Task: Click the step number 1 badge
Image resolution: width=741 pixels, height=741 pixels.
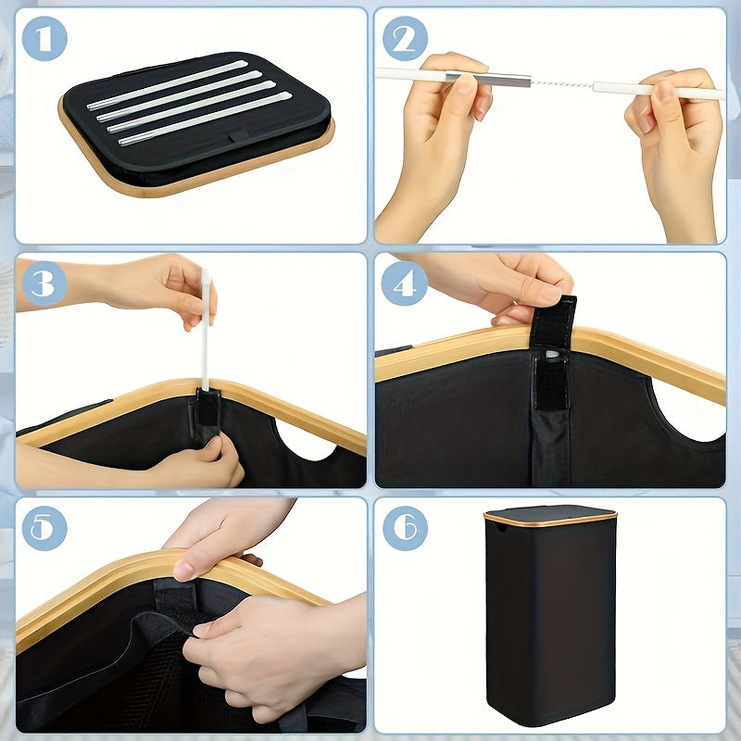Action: [44, 38]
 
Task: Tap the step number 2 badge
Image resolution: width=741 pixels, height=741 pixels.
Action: [405, 38]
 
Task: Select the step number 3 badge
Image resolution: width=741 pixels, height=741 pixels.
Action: [44, 283]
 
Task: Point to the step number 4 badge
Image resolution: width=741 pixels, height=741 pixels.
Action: [405, 283]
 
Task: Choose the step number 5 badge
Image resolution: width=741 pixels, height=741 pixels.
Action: [44, 528]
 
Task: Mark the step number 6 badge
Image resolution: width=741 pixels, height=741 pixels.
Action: [405, 528]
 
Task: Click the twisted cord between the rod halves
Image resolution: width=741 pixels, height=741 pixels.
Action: [561, 84]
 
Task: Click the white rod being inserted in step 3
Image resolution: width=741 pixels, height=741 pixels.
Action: [206, 330]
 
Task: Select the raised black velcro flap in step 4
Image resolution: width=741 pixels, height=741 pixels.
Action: [553, 321]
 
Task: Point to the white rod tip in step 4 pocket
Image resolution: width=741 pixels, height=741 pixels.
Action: [551, 354]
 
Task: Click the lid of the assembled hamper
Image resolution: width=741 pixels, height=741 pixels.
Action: [550, 516]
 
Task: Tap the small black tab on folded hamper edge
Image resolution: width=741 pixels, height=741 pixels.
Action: [239, 136]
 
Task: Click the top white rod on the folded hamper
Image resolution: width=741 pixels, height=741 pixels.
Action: [168, 85]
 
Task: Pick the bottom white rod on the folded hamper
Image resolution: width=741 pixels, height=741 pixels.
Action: [205, 119]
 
